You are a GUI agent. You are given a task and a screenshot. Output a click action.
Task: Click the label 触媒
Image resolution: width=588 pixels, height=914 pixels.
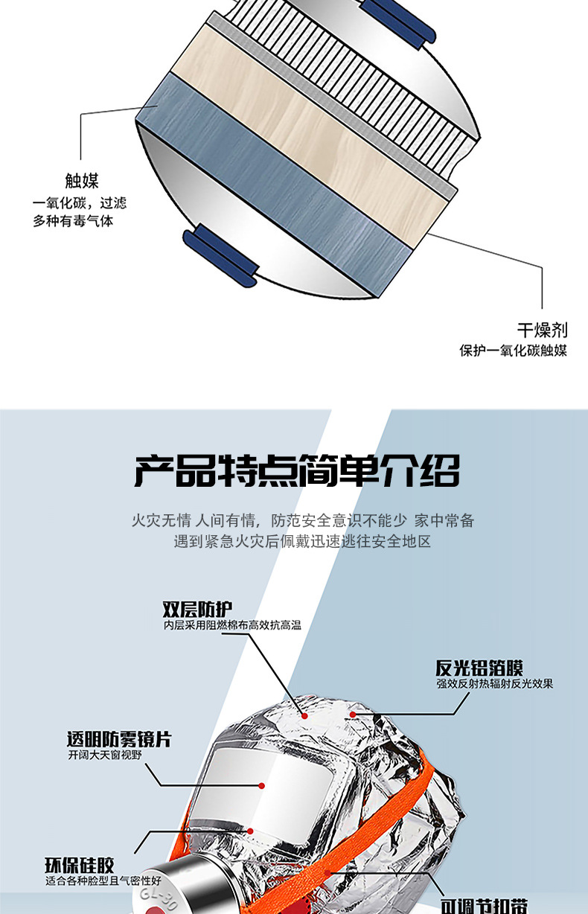82,181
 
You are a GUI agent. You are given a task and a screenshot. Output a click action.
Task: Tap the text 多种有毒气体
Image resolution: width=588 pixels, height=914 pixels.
73,220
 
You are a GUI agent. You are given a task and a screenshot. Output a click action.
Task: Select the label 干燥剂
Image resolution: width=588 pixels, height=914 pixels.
542,330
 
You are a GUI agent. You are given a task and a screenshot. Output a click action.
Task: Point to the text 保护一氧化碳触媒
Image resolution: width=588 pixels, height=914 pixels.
513,350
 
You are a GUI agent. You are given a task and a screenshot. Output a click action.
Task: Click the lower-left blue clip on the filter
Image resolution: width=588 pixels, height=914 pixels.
220,253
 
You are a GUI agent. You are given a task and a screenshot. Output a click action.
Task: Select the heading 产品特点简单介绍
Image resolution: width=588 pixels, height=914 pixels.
297,470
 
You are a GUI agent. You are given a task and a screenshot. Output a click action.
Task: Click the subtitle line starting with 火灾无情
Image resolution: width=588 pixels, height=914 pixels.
302,520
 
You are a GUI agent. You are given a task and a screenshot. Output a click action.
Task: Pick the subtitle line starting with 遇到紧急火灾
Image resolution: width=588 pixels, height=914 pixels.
302,541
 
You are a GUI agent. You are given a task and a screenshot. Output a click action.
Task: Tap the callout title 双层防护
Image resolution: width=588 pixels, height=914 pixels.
192,610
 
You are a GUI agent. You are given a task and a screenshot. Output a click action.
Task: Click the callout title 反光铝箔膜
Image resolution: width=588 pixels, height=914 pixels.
479,668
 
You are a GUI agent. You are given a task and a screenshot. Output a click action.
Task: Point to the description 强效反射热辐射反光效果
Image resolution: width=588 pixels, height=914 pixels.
494,683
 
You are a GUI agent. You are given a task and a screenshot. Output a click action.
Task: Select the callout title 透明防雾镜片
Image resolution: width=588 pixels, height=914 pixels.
119,739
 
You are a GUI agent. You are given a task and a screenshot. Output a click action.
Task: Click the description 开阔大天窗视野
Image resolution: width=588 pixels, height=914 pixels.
104,755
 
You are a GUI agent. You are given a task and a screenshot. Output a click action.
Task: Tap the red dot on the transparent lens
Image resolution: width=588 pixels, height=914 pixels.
262,784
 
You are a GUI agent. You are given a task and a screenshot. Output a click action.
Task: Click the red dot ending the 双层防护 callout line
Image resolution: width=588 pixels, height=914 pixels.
304,714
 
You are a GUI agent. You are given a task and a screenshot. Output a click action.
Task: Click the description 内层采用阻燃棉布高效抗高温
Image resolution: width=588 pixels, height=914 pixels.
232,625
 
